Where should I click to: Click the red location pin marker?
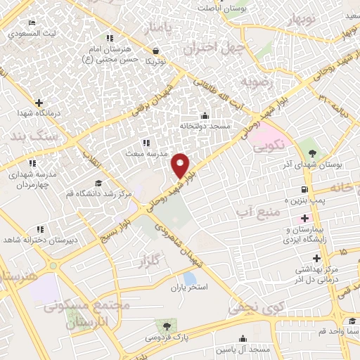(x=181, y=165)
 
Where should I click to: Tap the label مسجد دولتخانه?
(x=205, y=125)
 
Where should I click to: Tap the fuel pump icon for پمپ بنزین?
(x=304, y=190)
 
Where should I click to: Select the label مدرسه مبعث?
(x=146, y=153)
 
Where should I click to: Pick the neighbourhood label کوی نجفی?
(x=251, y=307)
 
